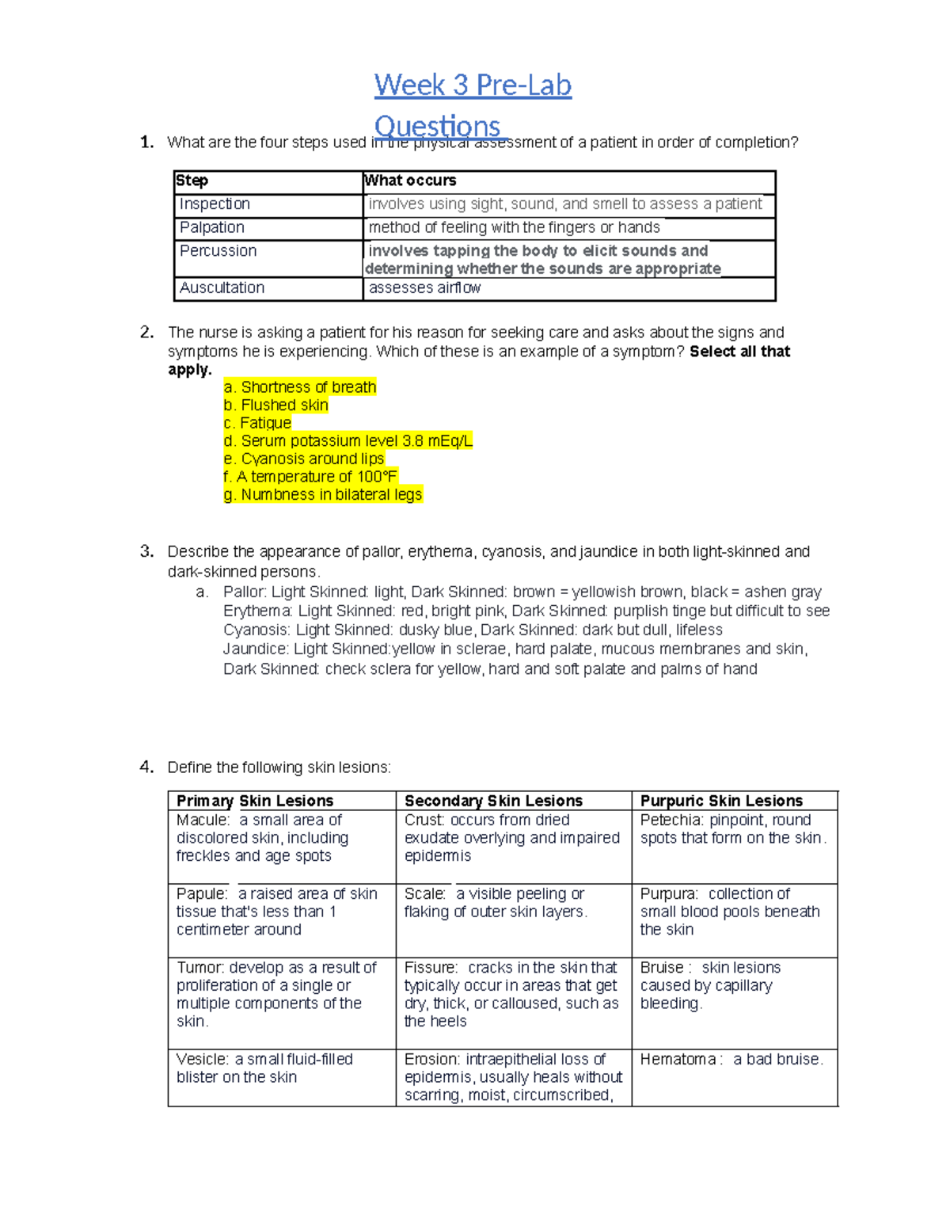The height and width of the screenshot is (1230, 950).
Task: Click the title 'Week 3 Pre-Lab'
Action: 473,85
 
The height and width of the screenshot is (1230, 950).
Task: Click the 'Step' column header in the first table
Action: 192,181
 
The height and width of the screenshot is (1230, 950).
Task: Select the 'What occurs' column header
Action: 410,181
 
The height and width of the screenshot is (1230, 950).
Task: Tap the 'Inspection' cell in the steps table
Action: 215,204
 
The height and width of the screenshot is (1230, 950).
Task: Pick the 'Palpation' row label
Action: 211,227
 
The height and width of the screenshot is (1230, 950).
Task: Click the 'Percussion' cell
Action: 218,251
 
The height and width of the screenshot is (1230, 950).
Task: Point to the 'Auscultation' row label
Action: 222,288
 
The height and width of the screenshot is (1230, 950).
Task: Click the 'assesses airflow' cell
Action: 424,288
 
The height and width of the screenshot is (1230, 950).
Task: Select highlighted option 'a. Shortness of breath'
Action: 300,387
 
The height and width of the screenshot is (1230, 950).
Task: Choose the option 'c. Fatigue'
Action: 257,423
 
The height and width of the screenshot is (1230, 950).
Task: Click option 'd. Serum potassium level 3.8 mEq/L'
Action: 348,441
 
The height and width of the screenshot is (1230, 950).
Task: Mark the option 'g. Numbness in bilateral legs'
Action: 323,495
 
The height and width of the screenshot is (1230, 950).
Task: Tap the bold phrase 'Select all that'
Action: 739,352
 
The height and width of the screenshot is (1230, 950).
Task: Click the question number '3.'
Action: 146,551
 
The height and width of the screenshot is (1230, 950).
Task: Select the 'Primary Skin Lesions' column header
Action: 254,801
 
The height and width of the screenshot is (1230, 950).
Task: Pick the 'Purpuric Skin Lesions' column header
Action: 721,801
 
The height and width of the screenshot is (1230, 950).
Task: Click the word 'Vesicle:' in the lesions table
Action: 203,1060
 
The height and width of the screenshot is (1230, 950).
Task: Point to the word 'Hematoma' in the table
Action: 678,1060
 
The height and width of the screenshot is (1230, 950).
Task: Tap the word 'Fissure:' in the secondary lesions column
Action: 431,968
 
